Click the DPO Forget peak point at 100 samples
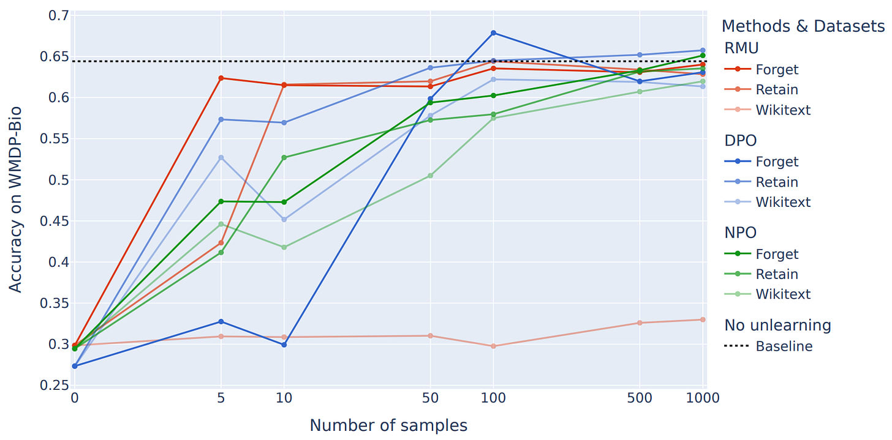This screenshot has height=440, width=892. pos(493,33)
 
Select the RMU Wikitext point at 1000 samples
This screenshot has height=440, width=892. pos(703,319)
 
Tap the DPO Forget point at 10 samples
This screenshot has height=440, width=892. pos(284,345)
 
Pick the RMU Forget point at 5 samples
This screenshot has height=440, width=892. pos(221,78)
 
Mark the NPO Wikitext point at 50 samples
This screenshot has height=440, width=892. pos(430,176)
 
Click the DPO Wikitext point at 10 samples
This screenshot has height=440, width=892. pos(284,219)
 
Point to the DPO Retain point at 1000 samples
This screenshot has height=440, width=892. pos(703,50)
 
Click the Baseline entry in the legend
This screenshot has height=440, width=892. pos(784,346)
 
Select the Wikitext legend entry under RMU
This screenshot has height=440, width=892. pos(782,110)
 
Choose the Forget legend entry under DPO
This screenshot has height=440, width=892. pos(777,162)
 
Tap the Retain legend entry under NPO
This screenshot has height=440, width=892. pos(777,274)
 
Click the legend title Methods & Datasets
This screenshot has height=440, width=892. pos(803,26)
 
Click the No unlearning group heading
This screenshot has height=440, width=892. pos(777,325)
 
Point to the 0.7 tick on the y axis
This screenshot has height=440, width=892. pos(58,15)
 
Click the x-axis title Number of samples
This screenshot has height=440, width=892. pos(388,425)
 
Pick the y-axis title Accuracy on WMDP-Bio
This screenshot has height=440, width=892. pos(16,199)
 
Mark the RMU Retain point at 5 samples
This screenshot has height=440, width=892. pos(221,243)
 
